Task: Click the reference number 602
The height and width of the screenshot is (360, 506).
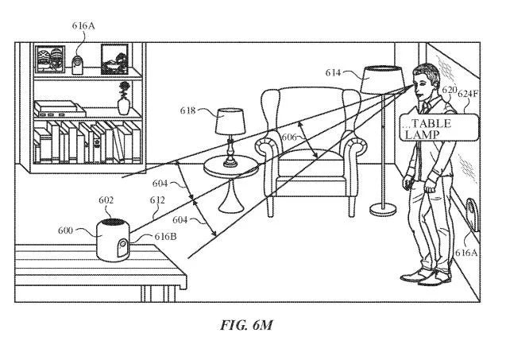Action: click(x=106, y=200)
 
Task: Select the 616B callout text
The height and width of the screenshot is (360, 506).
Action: click(x=166, y=237)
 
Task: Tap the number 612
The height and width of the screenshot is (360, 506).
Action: click(x=157, y=200)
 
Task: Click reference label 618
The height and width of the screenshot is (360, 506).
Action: click(x=187, y=111)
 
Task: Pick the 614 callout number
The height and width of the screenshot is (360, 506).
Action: click(x=333, y=72)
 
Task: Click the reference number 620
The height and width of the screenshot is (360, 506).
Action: click(x=449, y=90)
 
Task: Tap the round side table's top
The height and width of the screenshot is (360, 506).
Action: click(x=231, y=167)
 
